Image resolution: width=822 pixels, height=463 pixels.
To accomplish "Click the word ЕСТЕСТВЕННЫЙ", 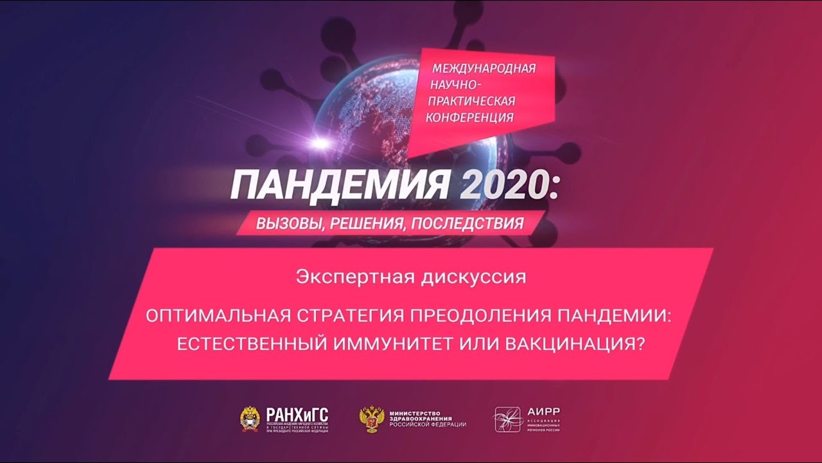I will [x=252, y=344].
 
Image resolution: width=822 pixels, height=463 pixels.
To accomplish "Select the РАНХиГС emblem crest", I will [x=250, y=419].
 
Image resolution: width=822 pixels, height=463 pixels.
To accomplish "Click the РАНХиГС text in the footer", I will [x=297, y=414].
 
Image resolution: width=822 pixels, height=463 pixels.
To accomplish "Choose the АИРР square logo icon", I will [x=506, y=419].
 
